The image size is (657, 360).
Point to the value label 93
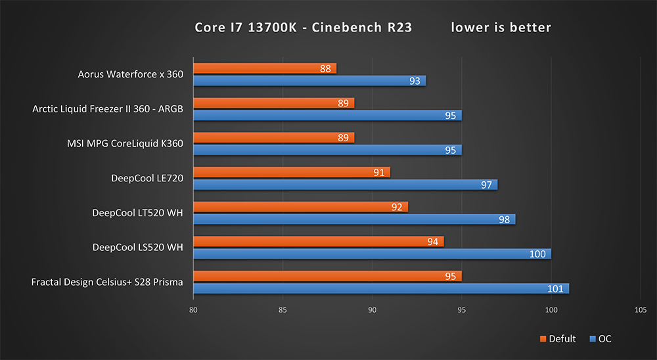(415, 81)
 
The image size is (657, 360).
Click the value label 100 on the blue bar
(537, 254)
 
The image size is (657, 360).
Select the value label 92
(397, 207)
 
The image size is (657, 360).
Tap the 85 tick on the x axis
(283, 310)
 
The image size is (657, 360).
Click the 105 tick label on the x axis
(641, 310)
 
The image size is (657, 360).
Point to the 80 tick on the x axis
(193, 310)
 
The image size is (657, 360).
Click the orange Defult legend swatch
(543, 339)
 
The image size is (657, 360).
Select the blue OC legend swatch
(593, 339)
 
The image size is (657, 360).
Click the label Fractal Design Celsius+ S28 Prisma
(107, 282)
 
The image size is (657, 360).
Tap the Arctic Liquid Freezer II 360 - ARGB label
(108, 109)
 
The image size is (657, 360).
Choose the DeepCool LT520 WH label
(137, 213)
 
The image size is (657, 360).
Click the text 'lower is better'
(501, 27)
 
